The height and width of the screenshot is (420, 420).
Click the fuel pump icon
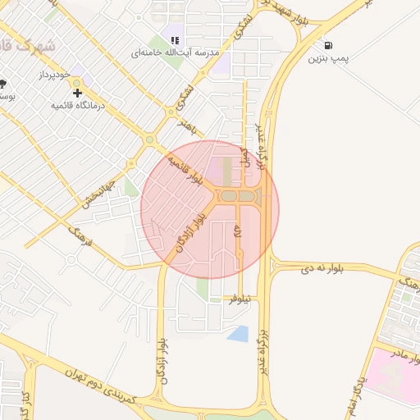coord(329,46)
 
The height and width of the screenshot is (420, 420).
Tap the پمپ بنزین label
coord(328,59)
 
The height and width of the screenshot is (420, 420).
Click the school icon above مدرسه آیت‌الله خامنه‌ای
coord(174,39)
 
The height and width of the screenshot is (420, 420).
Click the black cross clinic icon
coord(78,94)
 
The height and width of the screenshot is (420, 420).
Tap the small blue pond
coord(238,333)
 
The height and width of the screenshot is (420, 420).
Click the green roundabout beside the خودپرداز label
coord(77,84)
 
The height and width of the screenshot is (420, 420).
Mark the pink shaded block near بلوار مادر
coord(386,374)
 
